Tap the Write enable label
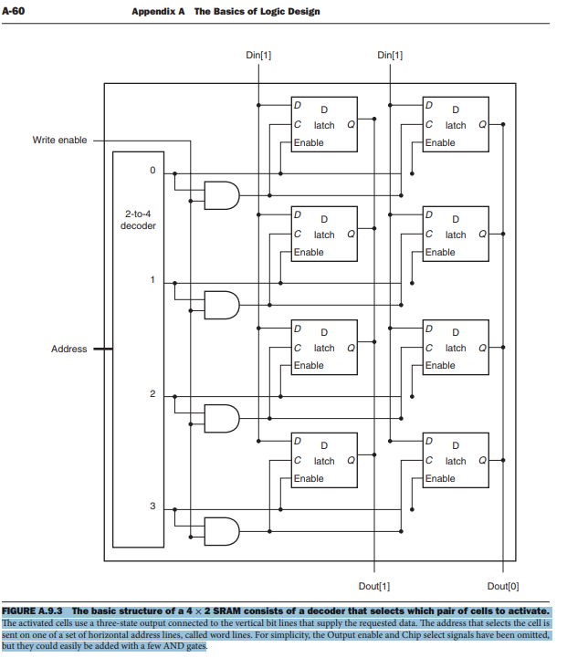60,140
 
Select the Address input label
69,349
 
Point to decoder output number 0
153,171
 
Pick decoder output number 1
153,279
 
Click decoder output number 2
153,393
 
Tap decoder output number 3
153,506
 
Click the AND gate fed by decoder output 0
221,194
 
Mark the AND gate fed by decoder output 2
221,418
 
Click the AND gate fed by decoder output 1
221,305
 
